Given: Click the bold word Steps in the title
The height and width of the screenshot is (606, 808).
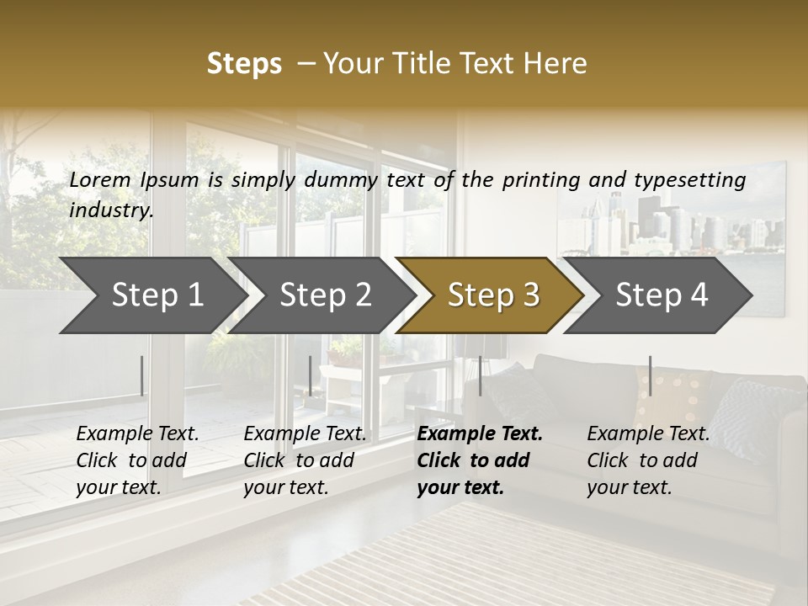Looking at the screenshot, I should [x=244, y=64].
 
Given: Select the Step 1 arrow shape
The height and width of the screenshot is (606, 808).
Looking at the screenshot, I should [x=151, y=295].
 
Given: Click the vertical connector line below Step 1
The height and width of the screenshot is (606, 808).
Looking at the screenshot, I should [x=141, y=375].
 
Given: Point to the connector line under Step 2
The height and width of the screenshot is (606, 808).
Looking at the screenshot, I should [x=311, y=375].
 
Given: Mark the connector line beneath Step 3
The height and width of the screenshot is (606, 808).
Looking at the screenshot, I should [x=480, y=375].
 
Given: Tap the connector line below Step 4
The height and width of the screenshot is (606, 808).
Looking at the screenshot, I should [x=650, y=375].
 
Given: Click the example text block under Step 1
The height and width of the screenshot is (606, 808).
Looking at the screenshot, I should [x=137, y=460].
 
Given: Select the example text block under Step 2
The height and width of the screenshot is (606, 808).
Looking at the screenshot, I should [x=305, y=460].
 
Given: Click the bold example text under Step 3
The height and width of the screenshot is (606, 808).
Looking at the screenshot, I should [x=479, y=460].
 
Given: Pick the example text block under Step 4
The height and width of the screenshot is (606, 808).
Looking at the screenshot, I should [x=648, y=460].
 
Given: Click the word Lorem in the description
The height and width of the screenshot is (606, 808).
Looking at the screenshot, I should [x=100, y=179].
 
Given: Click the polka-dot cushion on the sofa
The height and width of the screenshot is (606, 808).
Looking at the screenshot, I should [x=672, y=396].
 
